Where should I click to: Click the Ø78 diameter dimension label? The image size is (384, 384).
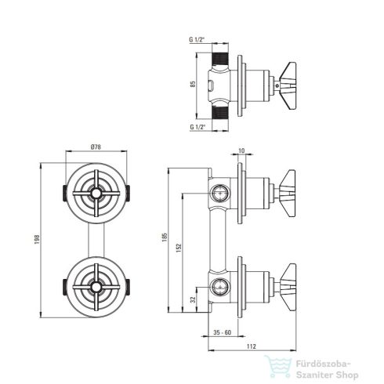96,147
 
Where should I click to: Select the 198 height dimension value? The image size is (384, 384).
37,239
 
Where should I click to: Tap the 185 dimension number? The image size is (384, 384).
165,237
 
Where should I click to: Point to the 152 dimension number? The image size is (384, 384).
179,248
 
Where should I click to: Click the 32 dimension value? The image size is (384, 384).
194,299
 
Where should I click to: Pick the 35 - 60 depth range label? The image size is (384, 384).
223,332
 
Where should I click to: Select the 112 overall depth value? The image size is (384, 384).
252,346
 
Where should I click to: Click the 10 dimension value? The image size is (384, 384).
241,151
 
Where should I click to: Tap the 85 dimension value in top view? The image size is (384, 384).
193,84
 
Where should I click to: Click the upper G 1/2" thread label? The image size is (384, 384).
197,40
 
